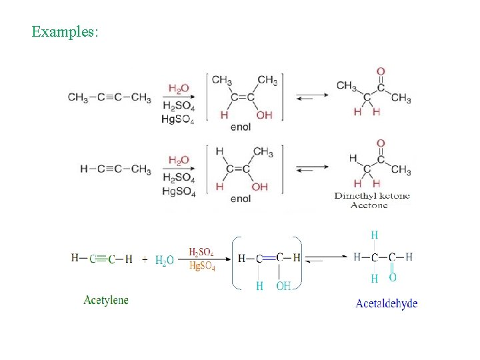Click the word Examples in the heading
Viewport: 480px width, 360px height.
point(65,31)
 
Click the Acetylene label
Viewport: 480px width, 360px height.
point(106,300)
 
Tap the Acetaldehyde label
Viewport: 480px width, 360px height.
point(387,303)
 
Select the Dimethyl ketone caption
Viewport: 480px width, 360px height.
point(372,195)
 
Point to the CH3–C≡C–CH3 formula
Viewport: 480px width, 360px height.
point(109,97)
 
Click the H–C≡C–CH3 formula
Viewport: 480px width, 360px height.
point(115,169)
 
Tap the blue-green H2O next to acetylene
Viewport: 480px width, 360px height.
point(164,261)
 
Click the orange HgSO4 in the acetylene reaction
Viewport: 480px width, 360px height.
point(202,266)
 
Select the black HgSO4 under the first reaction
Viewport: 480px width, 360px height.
point(178,119)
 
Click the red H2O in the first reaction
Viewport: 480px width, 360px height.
point(179,88)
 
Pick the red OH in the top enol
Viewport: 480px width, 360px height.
point(264,115)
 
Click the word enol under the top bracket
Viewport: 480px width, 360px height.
point(240,127)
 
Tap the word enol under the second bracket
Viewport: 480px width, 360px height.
point(240,199)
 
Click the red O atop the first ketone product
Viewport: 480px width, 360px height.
point(381,71)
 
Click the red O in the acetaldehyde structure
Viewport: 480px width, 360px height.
point(392,277)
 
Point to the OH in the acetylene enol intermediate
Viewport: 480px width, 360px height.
point(283,286)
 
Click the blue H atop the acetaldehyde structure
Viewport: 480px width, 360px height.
point(375,235)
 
